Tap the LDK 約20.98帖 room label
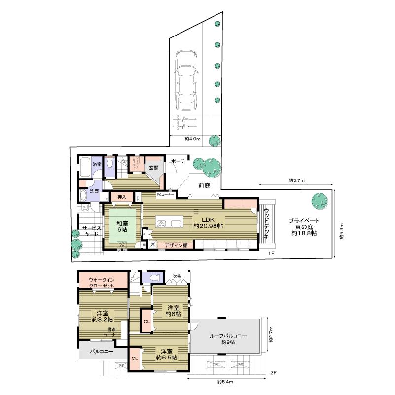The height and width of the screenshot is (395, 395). tap(208, 222)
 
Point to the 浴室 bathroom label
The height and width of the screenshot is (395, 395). tap(97, 164)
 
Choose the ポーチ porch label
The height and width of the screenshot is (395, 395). tap(178, 161)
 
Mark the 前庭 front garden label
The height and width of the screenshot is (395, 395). tap(205, 186)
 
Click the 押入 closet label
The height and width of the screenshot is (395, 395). tap(121, 197)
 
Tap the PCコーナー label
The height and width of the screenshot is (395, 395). tap(165, 195)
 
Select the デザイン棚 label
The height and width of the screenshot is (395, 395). tap(176, 245)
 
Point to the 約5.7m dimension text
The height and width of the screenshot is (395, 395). tap(297, 180)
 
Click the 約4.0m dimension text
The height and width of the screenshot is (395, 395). tap(192, 139)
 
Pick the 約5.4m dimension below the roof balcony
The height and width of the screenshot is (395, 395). tap(225, 381)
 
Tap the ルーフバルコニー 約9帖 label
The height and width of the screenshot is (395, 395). tap(228, 339)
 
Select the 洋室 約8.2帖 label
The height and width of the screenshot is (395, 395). tap(103, 316)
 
